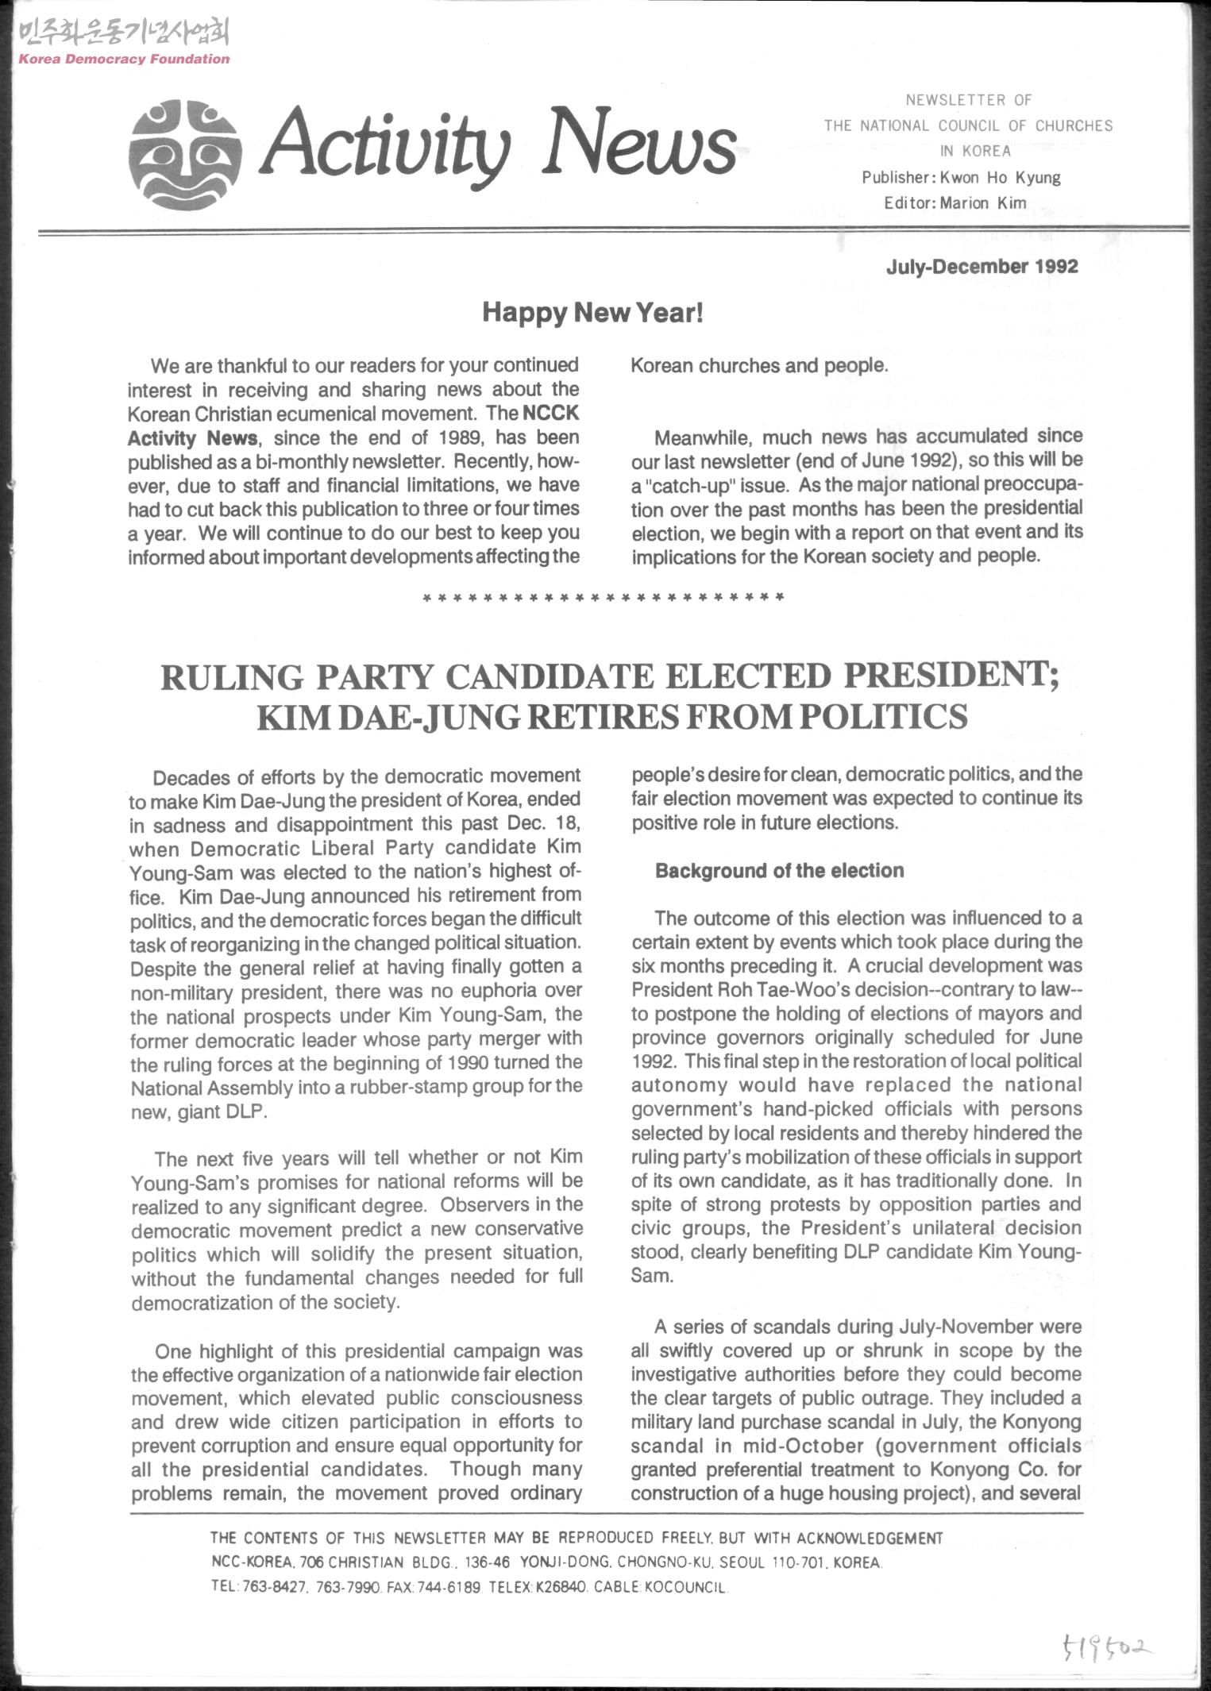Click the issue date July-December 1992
click(x=982, y=267)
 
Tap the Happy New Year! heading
click(x=592, y=313)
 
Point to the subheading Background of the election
click(x=779, y=871)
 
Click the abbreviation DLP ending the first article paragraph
click(x=243, y=1111)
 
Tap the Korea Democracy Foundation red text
click(x=124, y=59)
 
